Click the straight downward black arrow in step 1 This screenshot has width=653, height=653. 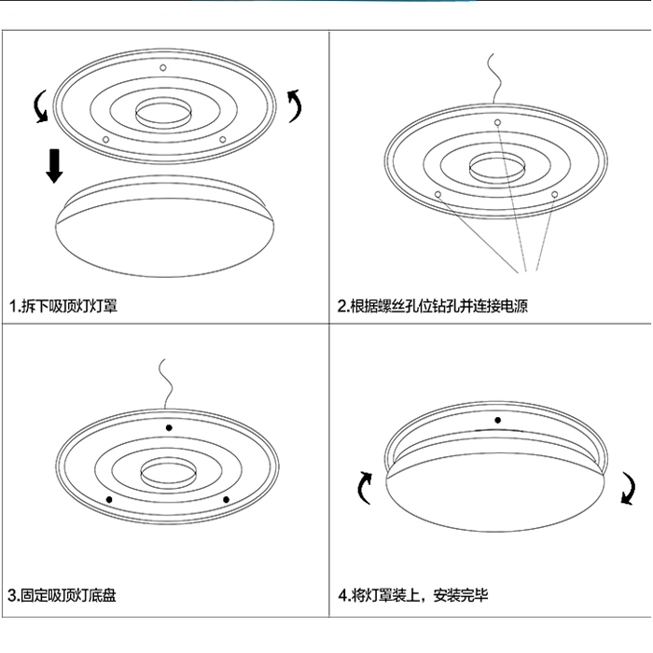click(x=54, y=166)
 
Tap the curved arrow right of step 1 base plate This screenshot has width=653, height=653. click(x=296, y=105)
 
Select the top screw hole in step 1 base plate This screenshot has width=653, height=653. click(x=163, y=67)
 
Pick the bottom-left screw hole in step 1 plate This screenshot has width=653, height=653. click(x=105, y=140)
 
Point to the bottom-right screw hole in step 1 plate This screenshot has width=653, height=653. click(x=222, y=140)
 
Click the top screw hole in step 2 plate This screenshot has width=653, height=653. click(x=497, y=122)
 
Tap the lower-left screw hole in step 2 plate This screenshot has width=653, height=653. click(x=438, y=194)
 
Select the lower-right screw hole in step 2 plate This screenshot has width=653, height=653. click(x=554, y=194)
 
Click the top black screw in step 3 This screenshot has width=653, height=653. click(x=169, y=427)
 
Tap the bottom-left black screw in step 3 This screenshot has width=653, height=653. click(x=109, y=500)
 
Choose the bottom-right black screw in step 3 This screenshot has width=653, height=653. click(x=226, y=500)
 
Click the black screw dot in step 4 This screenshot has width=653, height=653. click(x=497, y=420)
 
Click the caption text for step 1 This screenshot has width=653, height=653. click(x=63, y=306)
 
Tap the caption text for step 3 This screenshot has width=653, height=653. click(x=63, y=595)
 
